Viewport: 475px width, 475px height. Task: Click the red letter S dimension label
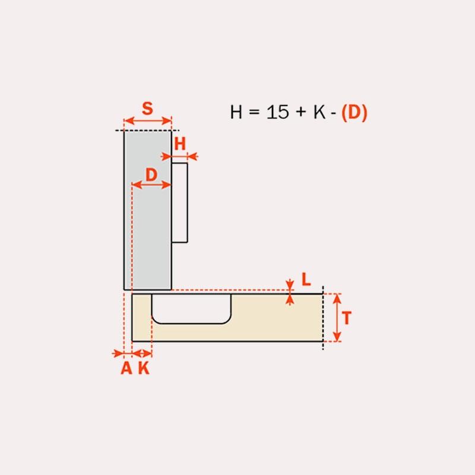tap(147, 109)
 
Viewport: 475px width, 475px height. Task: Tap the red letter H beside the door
tap(180, 144)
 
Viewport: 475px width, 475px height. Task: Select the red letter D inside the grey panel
tap(151, 175)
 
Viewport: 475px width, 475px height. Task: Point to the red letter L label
tap(306, 279)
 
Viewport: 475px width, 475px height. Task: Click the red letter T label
tap(347, 318)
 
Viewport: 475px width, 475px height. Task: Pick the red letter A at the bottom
tap(126, 368)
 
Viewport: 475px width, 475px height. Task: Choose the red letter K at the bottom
tap(144, 368)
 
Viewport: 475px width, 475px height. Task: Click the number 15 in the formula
tap(277, 112)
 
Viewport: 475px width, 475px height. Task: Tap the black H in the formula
tap(236, 112)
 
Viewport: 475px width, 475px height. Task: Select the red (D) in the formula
tap(354, 112)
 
